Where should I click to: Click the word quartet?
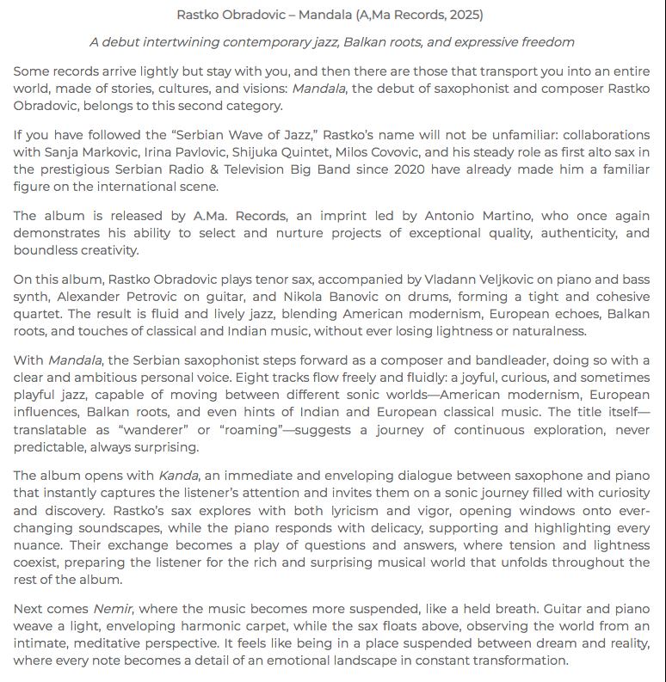point(39,314)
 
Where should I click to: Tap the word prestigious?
point(77,169)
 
